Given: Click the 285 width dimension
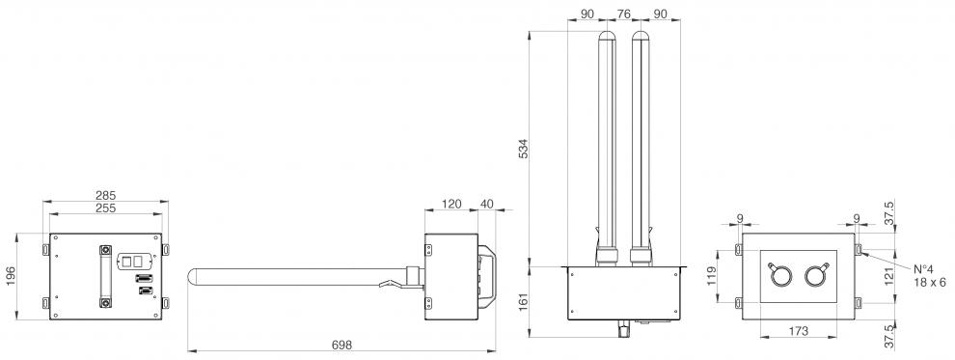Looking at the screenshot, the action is tap(105, 196).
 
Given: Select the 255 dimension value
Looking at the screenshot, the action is tap(105, 208).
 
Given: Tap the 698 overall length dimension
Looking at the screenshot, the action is tap(341, 345).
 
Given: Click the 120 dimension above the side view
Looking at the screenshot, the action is tap(451, 204).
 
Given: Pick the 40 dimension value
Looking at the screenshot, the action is tap(488, 204).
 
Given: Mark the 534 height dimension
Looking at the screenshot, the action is tap(523, 150).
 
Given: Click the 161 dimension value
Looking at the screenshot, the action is tap(523, 302).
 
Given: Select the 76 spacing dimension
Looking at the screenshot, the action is tap(624, 13).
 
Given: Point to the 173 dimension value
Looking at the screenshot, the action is tap(798, 331).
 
